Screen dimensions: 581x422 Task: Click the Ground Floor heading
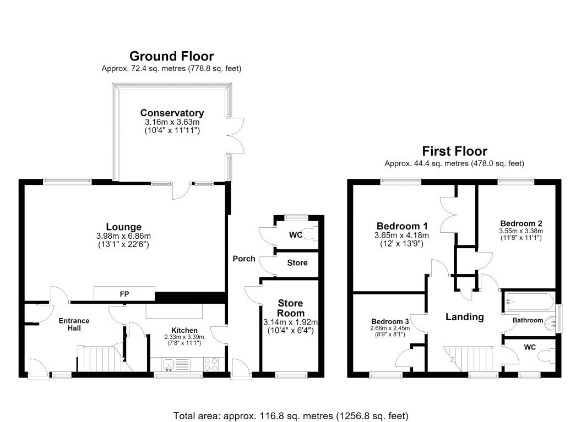tap(172, 56)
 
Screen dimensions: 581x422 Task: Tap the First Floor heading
tap(455, 151)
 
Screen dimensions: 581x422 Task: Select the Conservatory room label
tap(172, 113)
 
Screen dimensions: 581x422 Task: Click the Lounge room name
tap(124, 227)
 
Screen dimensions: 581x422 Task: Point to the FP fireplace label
tap(124, 294)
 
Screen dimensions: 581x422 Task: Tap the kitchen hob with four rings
tap(211, 364)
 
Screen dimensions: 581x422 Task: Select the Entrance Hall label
tap(74, 324)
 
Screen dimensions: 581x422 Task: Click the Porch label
tap(244, 259)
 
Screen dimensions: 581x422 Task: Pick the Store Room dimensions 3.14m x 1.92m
tap(291, 322)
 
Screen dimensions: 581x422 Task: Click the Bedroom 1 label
tap(402, 226)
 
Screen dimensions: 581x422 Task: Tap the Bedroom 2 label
tap(521, 223)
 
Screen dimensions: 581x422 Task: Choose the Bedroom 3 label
tap(390, 321)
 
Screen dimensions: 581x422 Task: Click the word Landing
tap(465, 317)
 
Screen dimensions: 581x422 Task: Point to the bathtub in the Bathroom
tap(529, 302)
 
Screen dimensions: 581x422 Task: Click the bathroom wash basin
tap(551, 324)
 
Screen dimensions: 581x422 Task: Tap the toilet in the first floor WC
tap(547, 356)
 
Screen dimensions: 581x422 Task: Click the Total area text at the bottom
tap(291, 416)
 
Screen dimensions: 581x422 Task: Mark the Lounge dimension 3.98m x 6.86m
tap(123, 236)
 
